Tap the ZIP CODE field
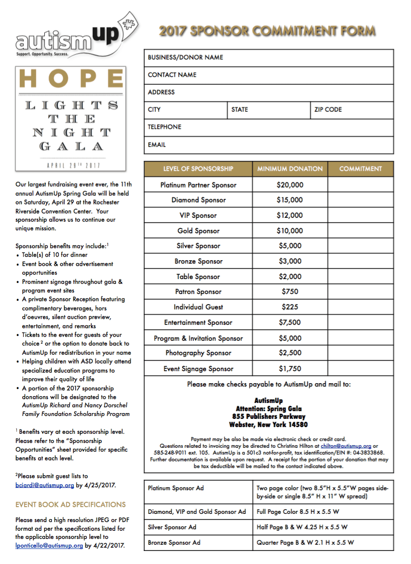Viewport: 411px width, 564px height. pos(352,110)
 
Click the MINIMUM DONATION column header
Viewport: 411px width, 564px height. pos(290,169)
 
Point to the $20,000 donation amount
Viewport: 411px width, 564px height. pos(290,185)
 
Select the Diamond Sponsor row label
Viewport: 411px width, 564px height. pos(198,200)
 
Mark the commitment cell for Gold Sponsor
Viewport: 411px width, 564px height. pos(360,231)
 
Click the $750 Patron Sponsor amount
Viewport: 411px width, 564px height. pos(290,292)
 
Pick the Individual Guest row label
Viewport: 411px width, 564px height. pos(198,307)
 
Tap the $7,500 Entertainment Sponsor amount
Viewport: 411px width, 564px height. pos(290,322)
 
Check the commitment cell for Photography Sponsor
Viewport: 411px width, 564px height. pos(360,353)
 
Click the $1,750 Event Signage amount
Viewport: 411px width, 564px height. pos(290,369)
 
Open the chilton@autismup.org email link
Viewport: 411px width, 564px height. pos(346,446)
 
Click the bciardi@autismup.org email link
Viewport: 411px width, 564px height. pos(45,485)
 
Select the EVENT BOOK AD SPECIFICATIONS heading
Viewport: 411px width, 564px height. pos(70,505)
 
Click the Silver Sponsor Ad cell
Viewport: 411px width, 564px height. pos(198,527)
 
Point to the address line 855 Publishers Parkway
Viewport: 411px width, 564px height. pos(269,416)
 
